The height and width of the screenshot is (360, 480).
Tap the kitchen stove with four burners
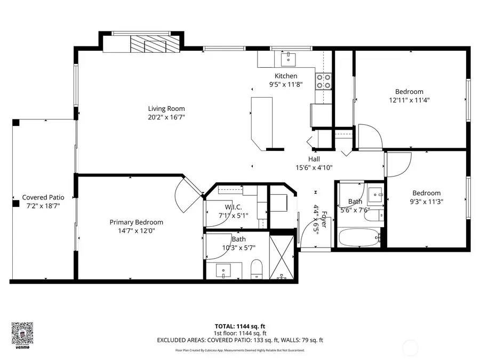pyautogui.click(x=323, y=81)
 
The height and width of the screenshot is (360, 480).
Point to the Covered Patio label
pyautogui.click(x=43, y=197)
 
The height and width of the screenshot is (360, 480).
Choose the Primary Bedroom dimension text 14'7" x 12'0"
pyautogui.click(x=136, y=231)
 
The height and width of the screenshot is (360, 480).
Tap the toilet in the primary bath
pyautogui.click(x=257, y=269)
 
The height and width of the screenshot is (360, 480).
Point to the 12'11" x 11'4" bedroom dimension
pyautogui.click(x=409, y=100)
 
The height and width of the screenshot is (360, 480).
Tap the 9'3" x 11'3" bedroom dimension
pyautogui.click(x=426, y=202)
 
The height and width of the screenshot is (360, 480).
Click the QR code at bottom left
pyautogui.click(x=22, y=333)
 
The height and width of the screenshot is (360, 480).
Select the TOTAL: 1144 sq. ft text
pyautogui.click(x=239, y=325)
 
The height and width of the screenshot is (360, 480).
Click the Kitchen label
pyautogui.click(x=286, y=76)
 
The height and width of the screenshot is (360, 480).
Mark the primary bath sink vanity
pyautogui.click(x=224, y=270)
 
